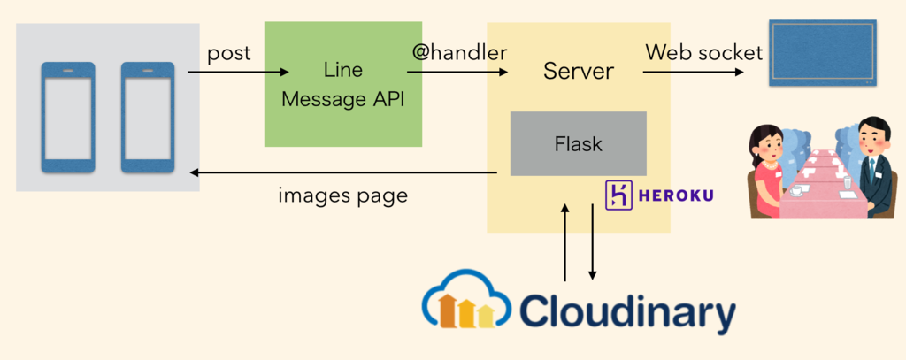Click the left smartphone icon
[68, 116]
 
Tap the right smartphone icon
[146, 116]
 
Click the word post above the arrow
[229, 53]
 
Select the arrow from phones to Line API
[239, 73]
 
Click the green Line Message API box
[342, 84]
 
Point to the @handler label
[459, 52]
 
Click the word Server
[578, 71]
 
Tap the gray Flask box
[578, 143]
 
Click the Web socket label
[703, 52]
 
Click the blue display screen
[824, 52]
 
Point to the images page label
[342, 195]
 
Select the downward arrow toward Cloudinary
[592, 244]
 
